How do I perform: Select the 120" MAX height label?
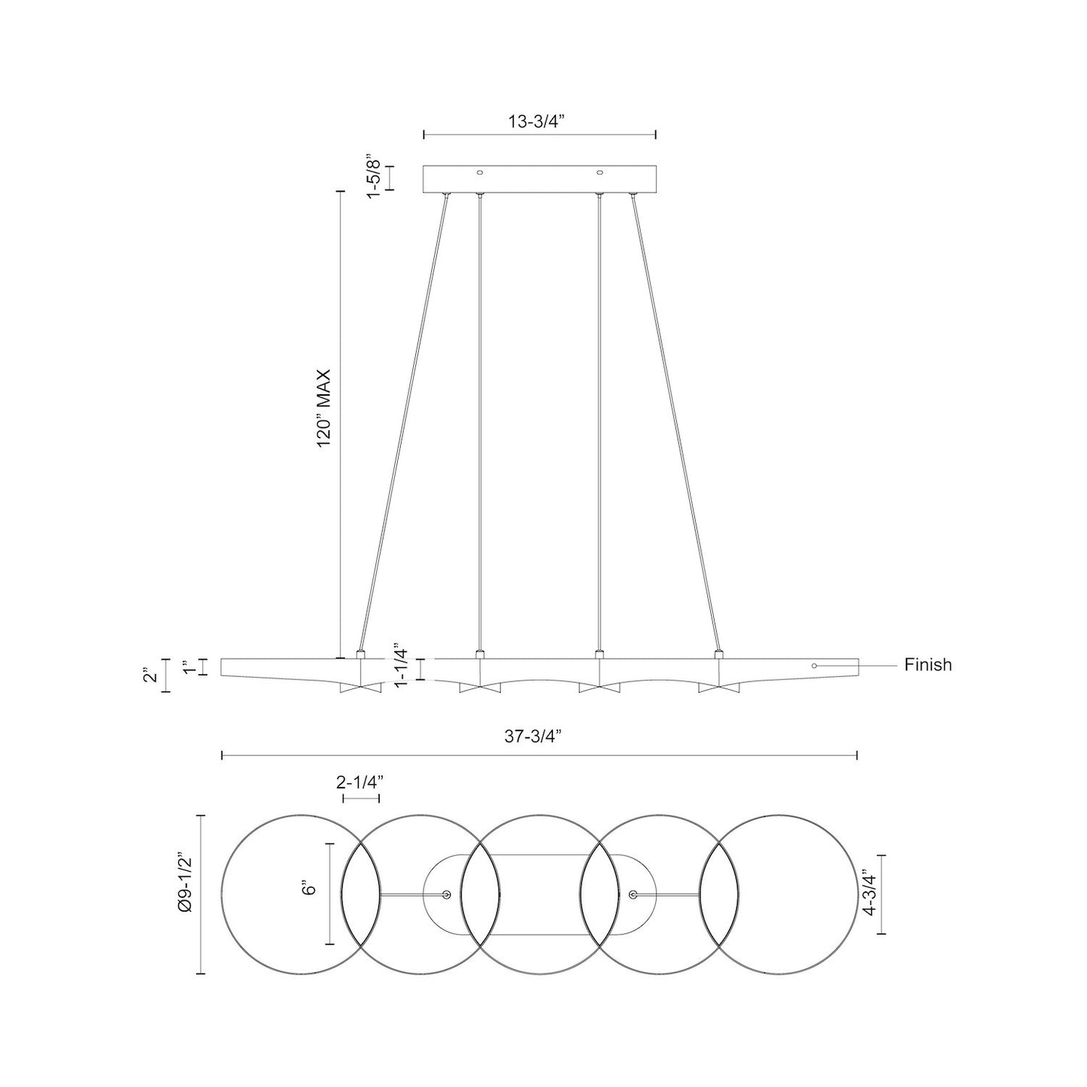point(324,408)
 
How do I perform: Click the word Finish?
point(928,664)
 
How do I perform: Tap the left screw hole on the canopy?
point(478,174)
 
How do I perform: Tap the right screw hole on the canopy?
point(600,174)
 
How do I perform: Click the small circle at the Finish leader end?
point(814,665)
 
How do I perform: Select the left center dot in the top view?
point(448,894)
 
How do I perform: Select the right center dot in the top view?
point(633,894)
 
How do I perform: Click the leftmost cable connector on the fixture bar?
point(361,654)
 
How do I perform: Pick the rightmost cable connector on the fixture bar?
point(718,654)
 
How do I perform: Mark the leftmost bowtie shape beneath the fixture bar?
point(360,688)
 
